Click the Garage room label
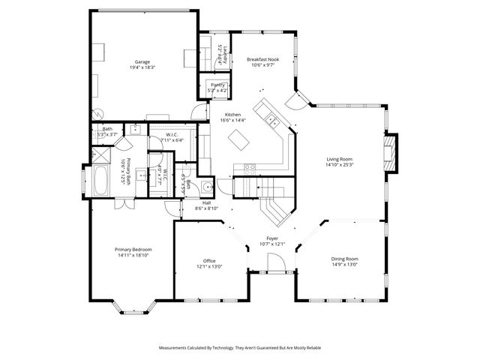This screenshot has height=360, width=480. point(142,62)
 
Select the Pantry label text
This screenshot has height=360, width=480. point(218,85)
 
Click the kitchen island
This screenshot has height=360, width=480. point(240,139)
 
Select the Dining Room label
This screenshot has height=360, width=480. point(345,259)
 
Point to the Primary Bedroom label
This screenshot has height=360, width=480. point(133,249)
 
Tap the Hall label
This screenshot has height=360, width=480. point(206,202)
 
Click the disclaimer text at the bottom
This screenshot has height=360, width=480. point(239,348)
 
